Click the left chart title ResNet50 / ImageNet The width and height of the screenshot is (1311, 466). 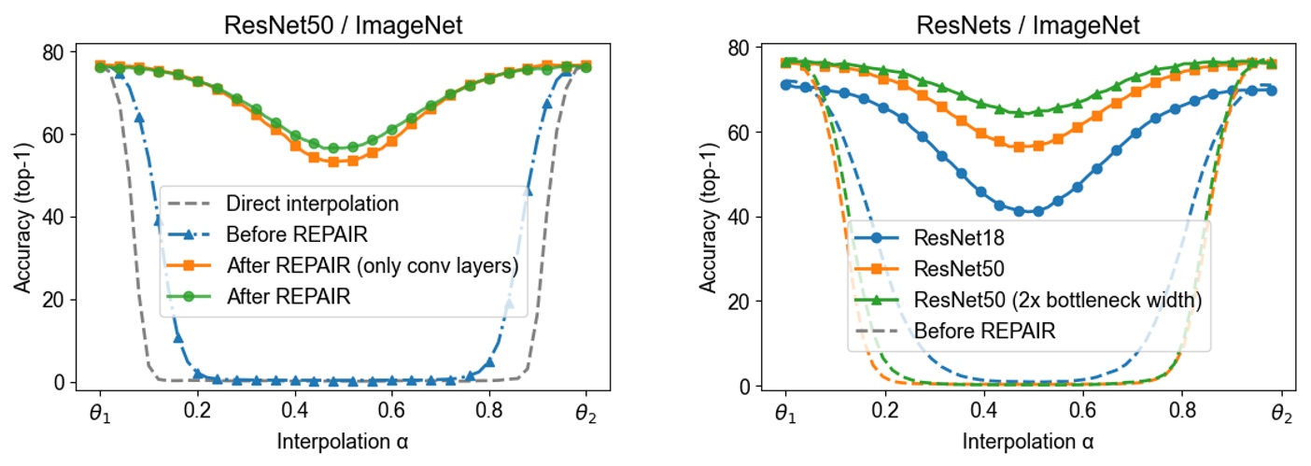coord(343,25)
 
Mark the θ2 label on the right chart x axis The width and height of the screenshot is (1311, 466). coord(1281,414)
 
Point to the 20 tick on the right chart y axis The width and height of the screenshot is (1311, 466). coord(736,302)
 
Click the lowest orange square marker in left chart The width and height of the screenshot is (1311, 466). coord(333,162)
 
